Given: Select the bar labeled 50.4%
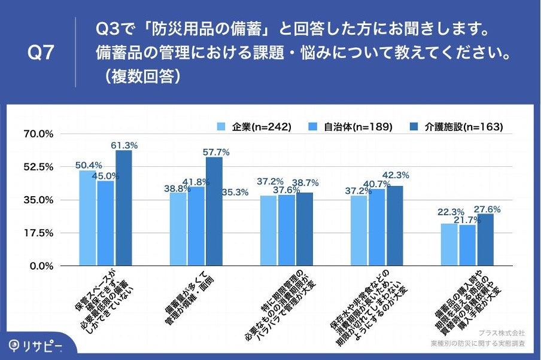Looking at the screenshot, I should (87, 218).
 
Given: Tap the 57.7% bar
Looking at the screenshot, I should (214, 211).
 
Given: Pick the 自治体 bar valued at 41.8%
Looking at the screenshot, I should (196, 226).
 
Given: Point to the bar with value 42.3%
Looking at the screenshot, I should (395, 225).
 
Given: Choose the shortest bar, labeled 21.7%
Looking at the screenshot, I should (467, 245).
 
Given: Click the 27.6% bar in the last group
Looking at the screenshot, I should (485, 239).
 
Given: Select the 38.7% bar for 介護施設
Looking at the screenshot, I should (305, 229).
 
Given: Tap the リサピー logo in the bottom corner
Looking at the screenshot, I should (35, 347).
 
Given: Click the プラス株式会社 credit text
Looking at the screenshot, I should (502, 332).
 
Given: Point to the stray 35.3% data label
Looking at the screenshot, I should (235, 193).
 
